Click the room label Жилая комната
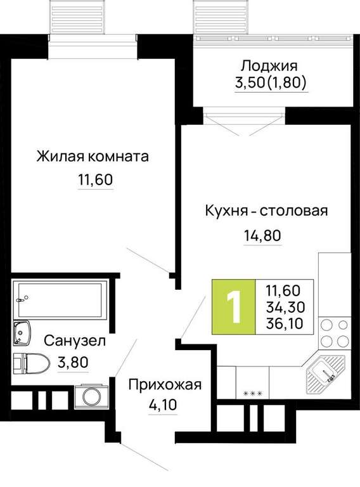point(93,156)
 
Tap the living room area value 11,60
point(95,179)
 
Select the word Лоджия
point(269,66)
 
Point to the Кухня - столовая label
point(266,211)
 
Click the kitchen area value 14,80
point(262,235)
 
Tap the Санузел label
point(75,341)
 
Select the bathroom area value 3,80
point(73,362)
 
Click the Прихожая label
point(165,384)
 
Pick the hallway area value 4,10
point(162,405)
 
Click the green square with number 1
point(234,307)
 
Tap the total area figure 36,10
point(285,324)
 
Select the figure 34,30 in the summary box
point(285,308)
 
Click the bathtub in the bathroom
point(60,299)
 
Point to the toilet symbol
point(32,363)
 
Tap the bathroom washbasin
point(22,333)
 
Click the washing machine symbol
point(91,396)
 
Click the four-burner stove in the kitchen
point(335,334)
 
